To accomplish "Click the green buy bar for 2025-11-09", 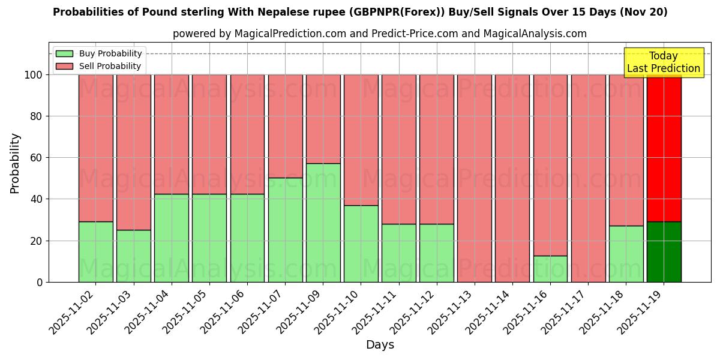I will click(323, 223).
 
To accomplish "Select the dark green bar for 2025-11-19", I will click(664, 252).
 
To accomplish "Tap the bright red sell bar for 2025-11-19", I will click(664, 148).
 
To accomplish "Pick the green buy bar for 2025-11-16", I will click(550, 269).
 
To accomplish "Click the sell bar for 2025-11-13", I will click(475, 178).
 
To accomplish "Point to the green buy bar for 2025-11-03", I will click(133, 256).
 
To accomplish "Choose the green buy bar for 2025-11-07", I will click(285, 230).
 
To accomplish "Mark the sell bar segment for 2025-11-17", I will click(588, 178).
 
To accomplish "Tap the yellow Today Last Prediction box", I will click(664, 62).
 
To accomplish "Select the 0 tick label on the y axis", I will click(40, 282).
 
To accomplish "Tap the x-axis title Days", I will click(380, 345).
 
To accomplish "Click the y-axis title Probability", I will click(15, 163).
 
